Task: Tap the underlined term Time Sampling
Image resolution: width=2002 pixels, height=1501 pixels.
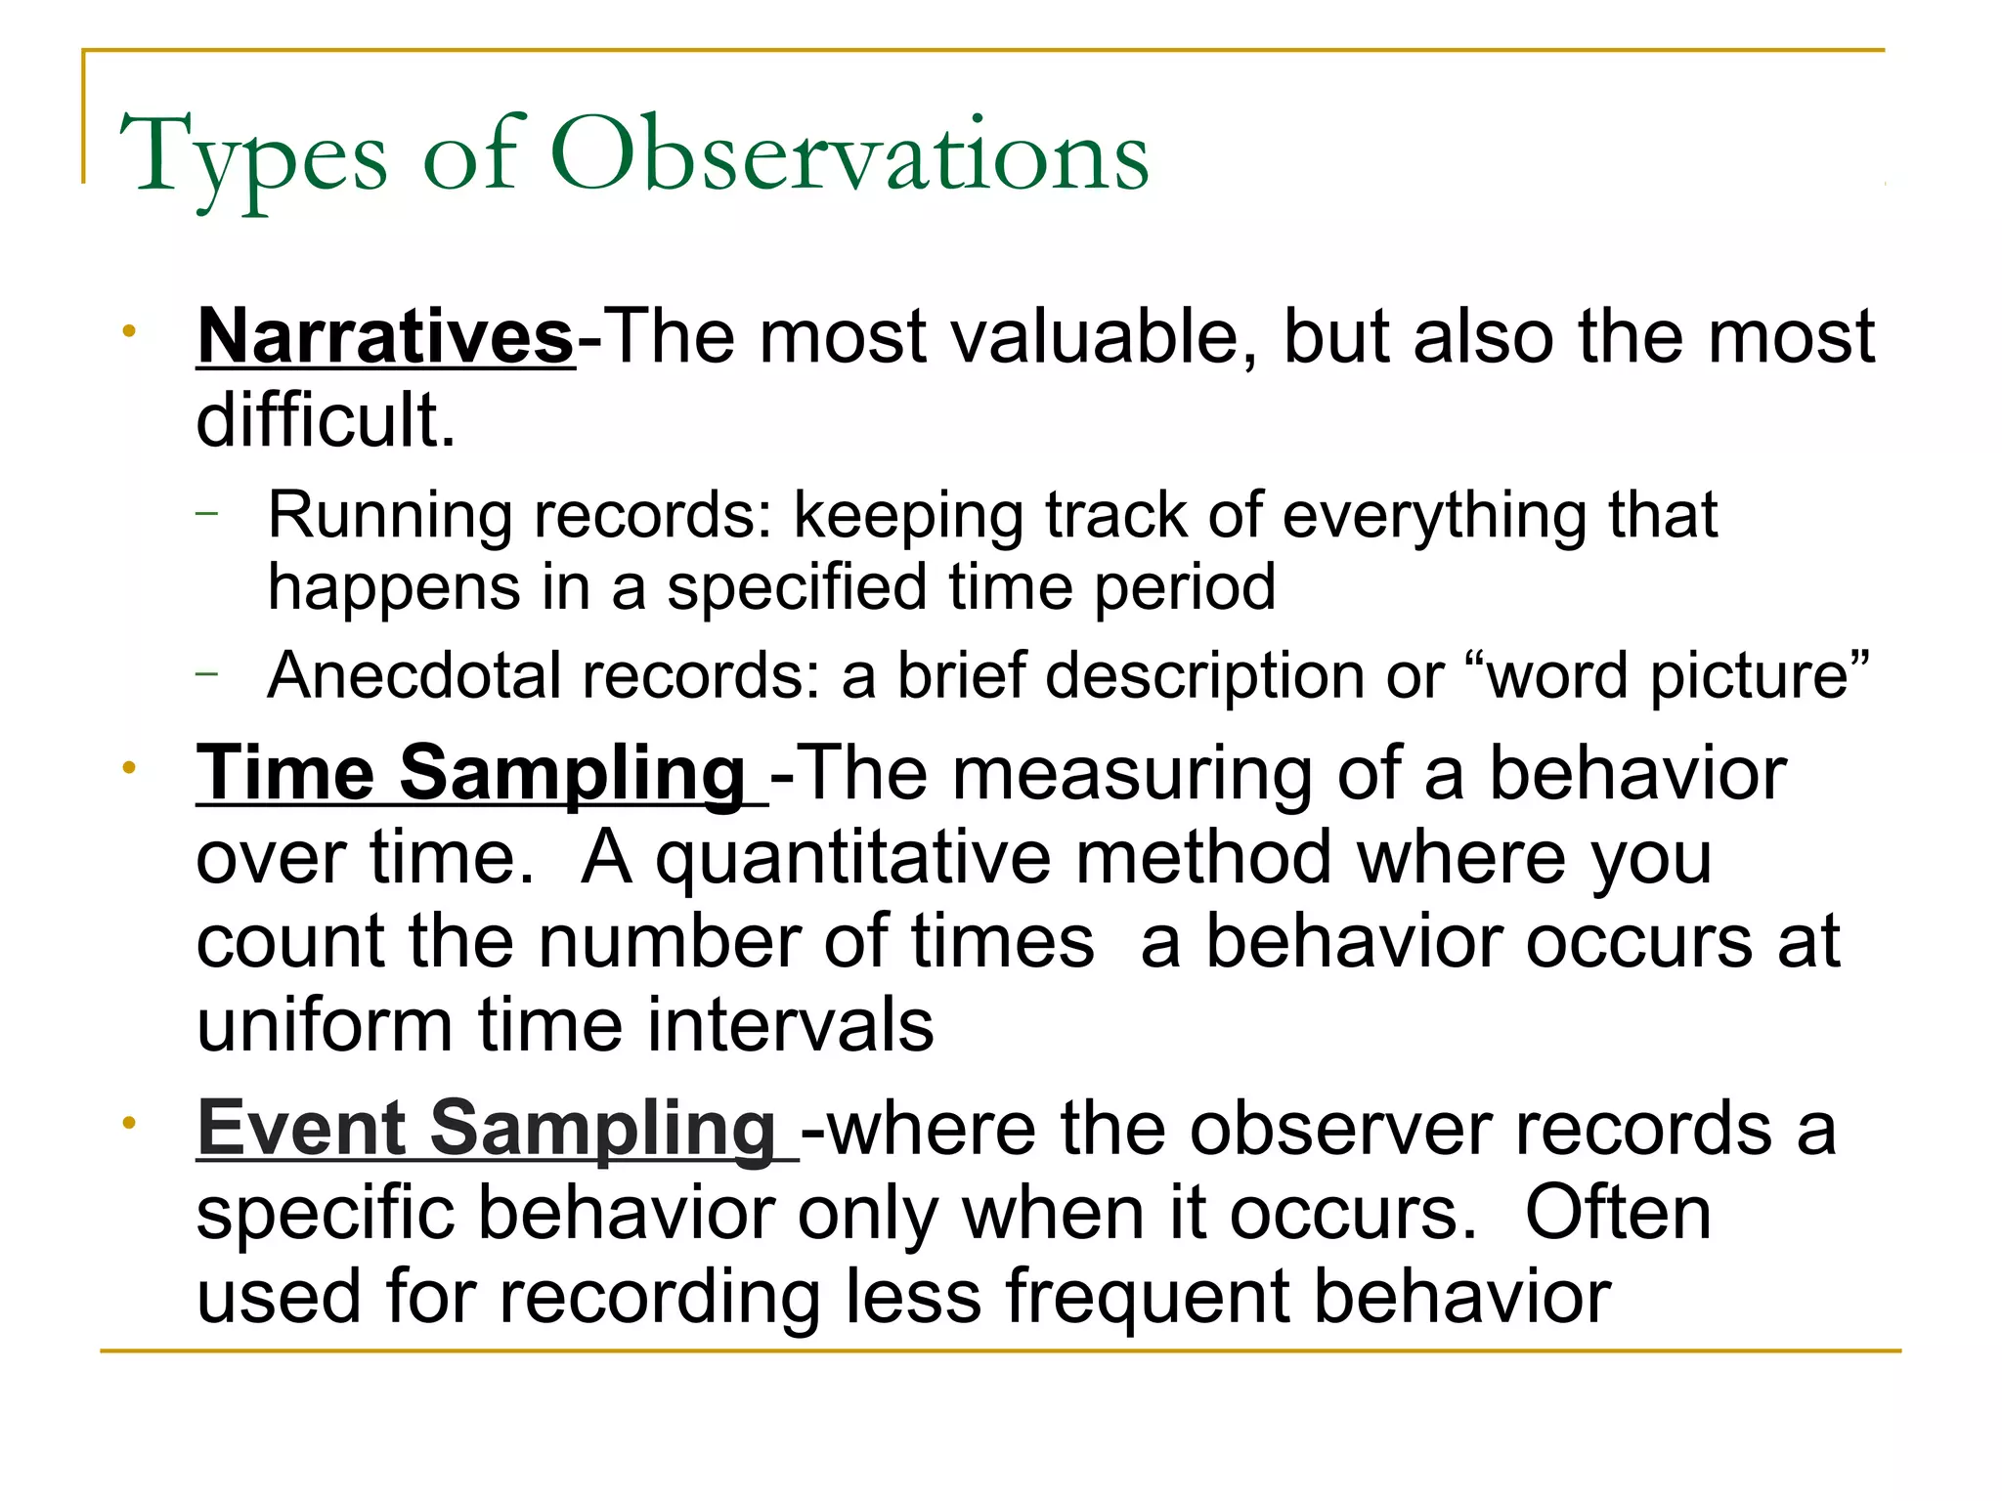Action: pos(471,774)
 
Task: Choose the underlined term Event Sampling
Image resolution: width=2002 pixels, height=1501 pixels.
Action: pos(486,1129)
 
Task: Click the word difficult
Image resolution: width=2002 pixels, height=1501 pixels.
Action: pos(326,421)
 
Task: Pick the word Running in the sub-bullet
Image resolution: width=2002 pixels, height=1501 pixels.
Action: pos(389,516)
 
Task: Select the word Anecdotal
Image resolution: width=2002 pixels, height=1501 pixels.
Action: pos(415,676)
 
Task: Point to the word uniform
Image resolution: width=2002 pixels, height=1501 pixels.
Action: pos(324,1026)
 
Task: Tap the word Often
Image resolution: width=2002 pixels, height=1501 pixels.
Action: pos(1618,1214)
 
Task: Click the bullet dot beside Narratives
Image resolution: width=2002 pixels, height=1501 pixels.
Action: pos(129,332)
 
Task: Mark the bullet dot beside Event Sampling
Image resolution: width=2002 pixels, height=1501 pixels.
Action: pos(129,1124)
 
